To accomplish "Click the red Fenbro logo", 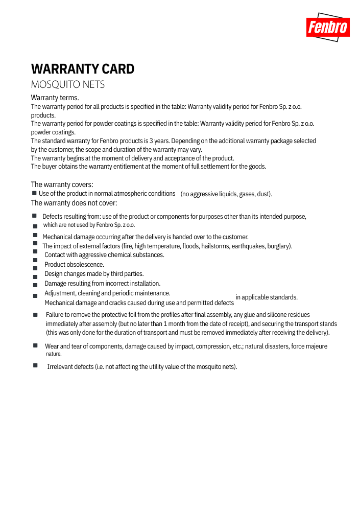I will (328, 27).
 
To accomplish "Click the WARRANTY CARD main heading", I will (83, 69).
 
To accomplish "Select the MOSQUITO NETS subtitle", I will (68, 84).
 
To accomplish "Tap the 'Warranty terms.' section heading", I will (55, 98).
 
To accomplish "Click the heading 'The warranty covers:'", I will (62, 184).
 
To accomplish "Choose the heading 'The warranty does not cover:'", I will (74, 203).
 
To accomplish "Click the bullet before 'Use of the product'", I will (34, 193).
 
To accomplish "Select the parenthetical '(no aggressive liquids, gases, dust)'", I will (226, 194).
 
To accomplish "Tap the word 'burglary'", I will (279, 246).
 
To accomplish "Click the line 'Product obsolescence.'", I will (74, 265).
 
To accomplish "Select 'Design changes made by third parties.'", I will (94, 274).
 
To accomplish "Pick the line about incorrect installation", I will (102, 284).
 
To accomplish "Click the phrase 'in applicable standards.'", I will (266, 297).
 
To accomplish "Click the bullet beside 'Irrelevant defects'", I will (35, 365).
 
